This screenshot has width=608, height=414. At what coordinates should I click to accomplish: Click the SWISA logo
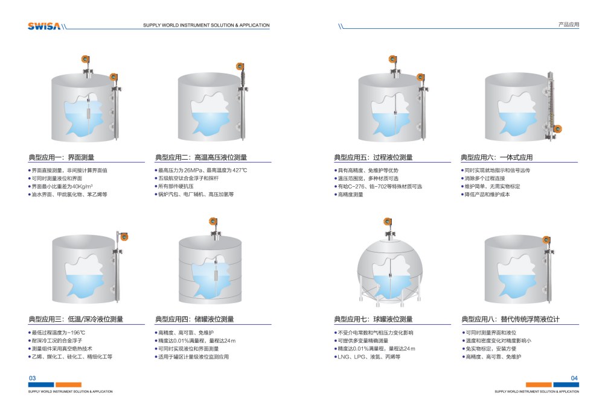[44, 27]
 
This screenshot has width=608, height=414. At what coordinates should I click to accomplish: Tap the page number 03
[33, 378]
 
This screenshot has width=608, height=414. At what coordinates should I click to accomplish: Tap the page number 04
[574, 378]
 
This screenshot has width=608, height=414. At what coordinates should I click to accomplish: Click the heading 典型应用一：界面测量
[61, 157]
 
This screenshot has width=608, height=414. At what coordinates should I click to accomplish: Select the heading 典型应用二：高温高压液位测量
[201, 157]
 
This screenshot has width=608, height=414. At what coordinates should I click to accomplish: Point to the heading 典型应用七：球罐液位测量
[373, 319]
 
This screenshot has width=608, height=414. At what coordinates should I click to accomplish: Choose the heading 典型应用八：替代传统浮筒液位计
[510, 319]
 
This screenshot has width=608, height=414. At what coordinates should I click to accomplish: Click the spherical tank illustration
[389, 270]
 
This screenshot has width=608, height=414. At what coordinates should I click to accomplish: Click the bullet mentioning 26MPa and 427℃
[201, 171]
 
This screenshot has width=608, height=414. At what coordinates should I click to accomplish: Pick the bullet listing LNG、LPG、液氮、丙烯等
[367, 357]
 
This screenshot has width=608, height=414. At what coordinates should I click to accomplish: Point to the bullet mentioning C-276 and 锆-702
[378, 186]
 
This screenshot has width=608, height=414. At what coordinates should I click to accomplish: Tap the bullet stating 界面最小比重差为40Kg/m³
[60, 186]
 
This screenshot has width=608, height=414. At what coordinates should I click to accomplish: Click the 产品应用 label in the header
[569, 24]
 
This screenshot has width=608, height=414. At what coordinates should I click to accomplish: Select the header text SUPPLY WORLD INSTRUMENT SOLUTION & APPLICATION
[206, 25]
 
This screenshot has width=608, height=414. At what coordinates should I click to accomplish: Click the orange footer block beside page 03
[68, 384]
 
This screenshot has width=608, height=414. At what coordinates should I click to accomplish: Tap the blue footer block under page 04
[566, 384]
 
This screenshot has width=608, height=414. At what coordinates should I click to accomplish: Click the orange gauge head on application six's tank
[558, 129]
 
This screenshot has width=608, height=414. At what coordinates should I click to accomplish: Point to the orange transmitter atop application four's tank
[213, 221]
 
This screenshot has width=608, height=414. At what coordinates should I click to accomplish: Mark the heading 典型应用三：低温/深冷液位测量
[76, 319]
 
